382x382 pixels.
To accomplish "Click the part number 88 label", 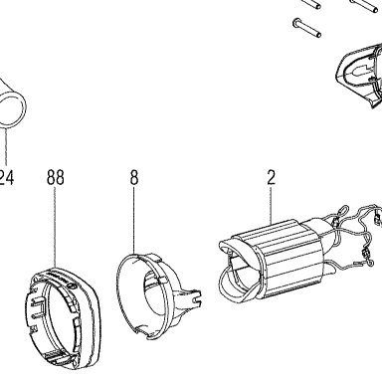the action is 55,177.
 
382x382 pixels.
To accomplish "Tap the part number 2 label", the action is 272,177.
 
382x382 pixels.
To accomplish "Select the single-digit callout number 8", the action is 134,177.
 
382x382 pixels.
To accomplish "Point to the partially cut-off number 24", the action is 7,177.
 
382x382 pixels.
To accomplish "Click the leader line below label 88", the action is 55,228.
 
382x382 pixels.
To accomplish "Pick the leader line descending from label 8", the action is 134,221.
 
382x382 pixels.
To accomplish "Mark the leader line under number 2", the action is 272,204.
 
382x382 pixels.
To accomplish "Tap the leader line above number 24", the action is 6,144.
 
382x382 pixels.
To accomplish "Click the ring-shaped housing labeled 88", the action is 63,317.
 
